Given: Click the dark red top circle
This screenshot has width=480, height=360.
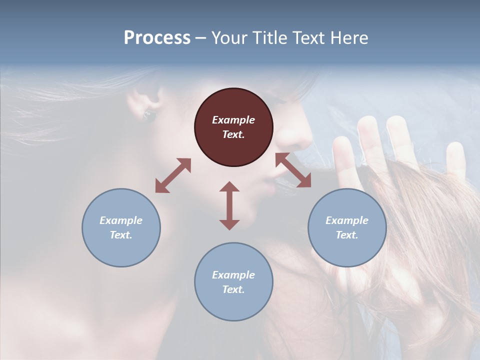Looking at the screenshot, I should (x=233, y=127).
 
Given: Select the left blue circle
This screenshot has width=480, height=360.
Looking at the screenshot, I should (x=121, y=227).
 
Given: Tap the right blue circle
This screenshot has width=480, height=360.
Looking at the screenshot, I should (x=347, y=227).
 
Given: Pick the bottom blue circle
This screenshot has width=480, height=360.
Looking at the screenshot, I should (x=233, y=282).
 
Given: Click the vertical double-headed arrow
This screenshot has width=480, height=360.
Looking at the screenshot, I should (x=229, y=205).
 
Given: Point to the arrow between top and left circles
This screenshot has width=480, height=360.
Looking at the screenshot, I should (x=173, y=175).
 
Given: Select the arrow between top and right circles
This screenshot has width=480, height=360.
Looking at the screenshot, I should (x=293, y=170).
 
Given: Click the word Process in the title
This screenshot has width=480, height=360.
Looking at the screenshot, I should (x=157, y=37).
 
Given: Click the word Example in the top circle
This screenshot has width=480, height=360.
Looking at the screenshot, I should (x=233, y=120).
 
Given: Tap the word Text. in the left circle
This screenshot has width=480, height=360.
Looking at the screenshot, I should (x=121, y=235).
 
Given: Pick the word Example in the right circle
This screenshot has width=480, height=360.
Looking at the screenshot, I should (x=347, y=220).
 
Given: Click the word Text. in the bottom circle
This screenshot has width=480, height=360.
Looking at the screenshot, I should (x=233, y=289).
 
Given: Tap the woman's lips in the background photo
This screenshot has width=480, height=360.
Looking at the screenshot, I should (x=270, y=187).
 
